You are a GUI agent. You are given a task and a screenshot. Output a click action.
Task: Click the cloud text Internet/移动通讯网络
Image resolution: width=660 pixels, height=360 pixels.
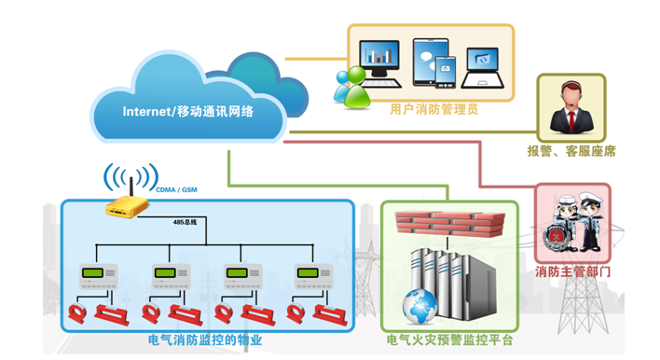pyautogui.click(x=187, y=112)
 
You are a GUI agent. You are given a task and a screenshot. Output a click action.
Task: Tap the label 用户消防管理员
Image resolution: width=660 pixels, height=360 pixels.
pyautogui.click(x=434, y=110)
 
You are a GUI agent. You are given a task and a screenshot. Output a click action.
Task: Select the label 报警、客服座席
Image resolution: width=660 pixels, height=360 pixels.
pyautogui.click(x=571, y=151)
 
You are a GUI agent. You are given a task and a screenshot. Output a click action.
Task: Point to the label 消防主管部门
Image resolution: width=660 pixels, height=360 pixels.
pyautogui.click(x=572, y=271)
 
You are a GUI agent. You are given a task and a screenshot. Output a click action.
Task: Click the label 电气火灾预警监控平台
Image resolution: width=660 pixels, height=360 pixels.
pyautogui.click(x=449, y=340)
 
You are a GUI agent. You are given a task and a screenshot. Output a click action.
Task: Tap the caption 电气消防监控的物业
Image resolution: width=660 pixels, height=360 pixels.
pyautogui.click(x=205, y=340)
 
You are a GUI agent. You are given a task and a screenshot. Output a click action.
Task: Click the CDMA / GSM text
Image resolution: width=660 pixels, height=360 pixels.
pyautogui.click(x=177, y=190)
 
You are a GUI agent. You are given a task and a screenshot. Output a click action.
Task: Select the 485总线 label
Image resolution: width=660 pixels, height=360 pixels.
pyautogui.click(x=185, y=222)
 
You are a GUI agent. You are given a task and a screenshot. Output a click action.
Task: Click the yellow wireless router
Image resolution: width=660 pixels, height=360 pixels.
pyautogui.click(x=127, y=206)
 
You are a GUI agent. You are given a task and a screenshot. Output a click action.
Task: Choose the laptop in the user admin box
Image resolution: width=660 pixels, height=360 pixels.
pyautogui.click(x=482, y=68)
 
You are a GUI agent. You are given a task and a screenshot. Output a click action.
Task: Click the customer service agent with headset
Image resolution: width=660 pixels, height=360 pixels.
pyautogui.click(x=571, y=108)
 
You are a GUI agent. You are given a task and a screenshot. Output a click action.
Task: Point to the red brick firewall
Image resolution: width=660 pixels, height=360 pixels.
pyautogui.click(x=450, y=224)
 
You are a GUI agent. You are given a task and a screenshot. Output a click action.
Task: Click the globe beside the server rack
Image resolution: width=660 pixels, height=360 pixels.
pyautogui.click(x=419, y=307)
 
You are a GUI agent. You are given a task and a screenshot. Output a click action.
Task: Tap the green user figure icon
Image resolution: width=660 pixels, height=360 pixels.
pyautogui.click(x=357, y=87)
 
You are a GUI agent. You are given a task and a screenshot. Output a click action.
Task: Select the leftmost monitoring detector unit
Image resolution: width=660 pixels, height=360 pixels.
pyautogui.click(x=99, y=277)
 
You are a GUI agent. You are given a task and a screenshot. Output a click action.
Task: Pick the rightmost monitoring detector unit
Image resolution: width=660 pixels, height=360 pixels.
pyautogui.click(x=314, y=277)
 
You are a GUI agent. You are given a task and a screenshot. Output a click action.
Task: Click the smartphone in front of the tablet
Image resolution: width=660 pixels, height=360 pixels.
pyautogui.click(x=446, y=72)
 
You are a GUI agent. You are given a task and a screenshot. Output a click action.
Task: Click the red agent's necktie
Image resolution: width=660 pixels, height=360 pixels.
pyautogui.click(x=571, y=121)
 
